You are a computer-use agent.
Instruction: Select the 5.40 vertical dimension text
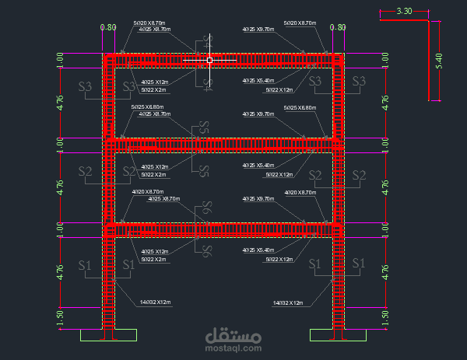point(438,61)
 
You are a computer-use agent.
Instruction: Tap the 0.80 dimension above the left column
point(108,27)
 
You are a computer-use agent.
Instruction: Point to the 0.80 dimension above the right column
point(338,27)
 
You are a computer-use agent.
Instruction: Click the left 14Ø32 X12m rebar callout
point(156,302)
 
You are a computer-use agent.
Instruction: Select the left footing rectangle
point(109,334)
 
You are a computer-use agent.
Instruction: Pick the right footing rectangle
point(338,334)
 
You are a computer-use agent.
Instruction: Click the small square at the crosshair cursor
point(209,59)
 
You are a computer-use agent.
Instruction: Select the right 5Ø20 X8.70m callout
point(300,23)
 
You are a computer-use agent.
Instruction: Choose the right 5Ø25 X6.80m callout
point(300,107)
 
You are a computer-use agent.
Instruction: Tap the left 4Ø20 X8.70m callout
point(148,192)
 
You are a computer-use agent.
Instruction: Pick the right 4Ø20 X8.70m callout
point(300,192)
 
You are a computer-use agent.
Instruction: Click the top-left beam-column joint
point(110,59)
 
